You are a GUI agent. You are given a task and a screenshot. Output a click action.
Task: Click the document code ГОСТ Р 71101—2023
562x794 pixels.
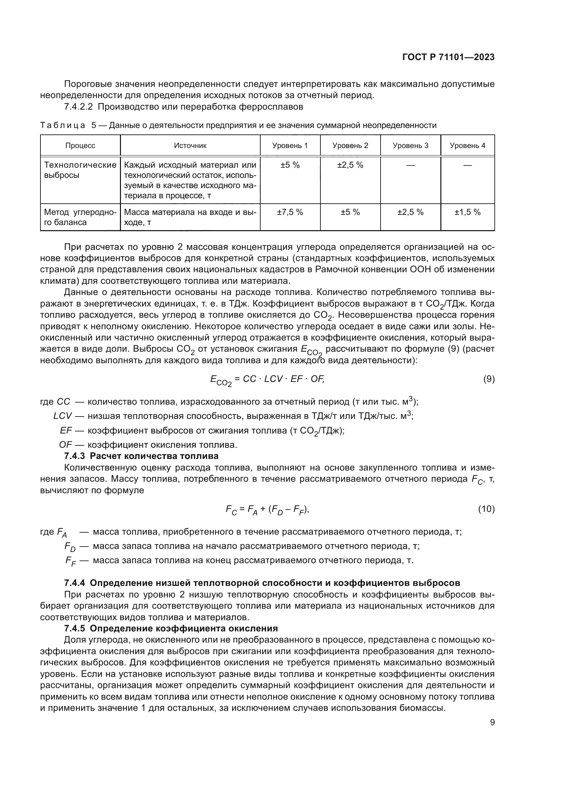tap(448, 57)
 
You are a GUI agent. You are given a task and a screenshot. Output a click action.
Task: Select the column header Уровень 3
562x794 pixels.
tap(410, 146)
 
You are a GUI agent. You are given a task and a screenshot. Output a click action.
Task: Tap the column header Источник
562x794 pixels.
tap(190, 146)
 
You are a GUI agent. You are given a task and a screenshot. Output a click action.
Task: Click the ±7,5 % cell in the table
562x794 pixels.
tap(290, 212)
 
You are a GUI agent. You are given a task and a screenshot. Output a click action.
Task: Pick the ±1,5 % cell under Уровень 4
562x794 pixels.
tap(467, 212)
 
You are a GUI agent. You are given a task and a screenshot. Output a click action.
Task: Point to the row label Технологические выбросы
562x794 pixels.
tap(80, 170)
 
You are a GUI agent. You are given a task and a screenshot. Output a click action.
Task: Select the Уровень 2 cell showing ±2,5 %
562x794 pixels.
tap(350, 165)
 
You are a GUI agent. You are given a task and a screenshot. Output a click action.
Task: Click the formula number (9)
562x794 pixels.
tap(489, 379)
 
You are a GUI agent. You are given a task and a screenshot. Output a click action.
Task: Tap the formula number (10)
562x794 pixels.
tap(486, 509)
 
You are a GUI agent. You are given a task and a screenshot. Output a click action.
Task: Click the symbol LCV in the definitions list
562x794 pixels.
tap(63, 416)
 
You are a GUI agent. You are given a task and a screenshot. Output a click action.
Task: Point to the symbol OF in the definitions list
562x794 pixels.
tap(65, 445)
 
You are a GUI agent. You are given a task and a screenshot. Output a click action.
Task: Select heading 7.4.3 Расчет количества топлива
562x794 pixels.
tap(141, 456)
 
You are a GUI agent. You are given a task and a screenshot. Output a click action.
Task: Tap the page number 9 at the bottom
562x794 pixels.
tap(492, 722)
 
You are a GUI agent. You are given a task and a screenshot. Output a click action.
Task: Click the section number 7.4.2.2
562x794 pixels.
tap(78, 107)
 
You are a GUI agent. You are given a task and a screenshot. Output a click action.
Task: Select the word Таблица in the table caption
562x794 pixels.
tap(63, 126)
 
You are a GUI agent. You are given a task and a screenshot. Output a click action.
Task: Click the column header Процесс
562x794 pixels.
tap(80, 146)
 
